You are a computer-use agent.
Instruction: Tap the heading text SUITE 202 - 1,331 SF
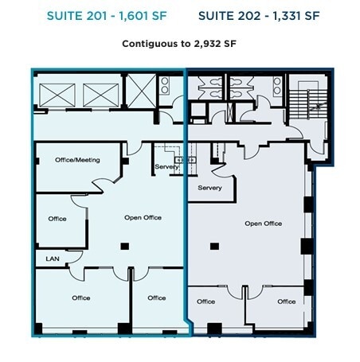(259, 16)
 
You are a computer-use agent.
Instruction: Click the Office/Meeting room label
(77, 160)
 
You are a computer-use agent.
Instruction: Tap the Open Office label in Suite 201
(143, 217)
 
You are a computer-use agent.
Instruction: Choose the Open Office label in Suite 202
(263, 224)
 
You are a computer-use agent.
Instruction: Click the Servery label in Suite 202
(209, 188)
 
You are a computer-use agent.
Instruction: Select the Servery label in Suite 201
(166, 166)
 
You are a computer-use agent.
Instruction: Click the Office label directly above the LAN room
(57, 219)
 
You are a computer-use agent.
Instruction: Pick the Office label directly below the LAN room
(81, 298)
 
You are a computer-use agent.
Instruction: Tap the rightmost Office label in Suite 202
(286, 302)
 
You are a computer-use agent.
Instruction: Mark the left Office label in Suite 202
(206, 302)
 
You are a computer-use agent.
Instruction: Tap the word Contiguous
(149, 45)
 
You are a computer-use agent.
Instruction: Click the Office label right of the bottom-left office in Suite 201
(157, 298)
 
